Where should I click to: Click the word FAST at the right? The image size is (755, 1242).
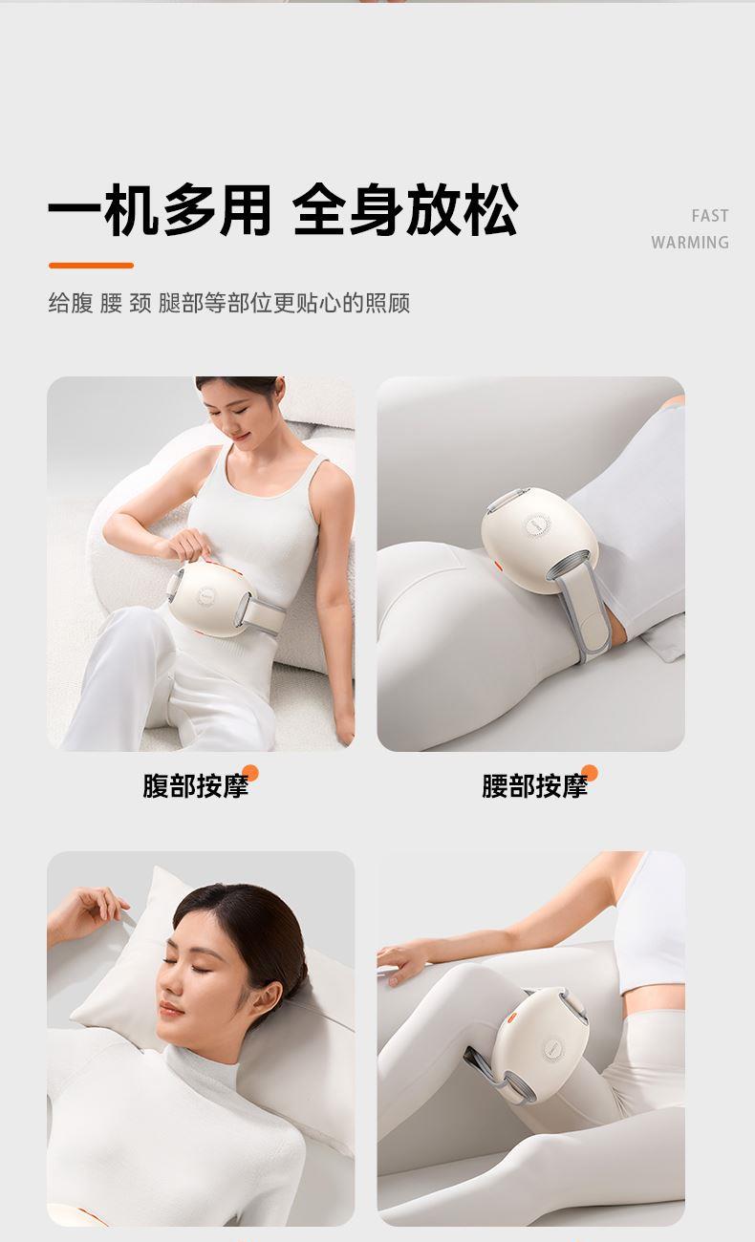click(710, 216)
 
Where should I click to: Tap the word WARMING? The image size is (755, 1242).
click(690, 243)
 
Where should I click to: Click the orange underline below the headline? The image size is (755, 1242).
click(91, 266)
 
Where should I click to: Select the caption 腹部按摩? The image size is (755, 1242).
click(195, 786)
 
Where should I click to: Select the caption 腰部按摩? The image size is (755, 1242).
click(534, 786)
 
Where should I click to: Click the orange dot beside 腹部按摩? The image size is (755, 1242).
click(250, 773)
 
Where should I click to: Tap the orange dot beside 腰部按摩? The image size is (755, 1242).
click(590, 773)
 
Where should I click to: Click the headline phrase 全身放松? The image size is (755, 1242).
click(405, 210)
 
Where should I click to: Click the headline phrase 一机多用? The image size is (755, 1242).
click(160, 210)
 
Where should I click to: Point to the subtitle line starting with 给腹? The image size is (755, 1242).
click(229, 303)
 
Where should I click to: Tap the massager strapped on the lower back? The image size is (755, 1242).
click(539, 540)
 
